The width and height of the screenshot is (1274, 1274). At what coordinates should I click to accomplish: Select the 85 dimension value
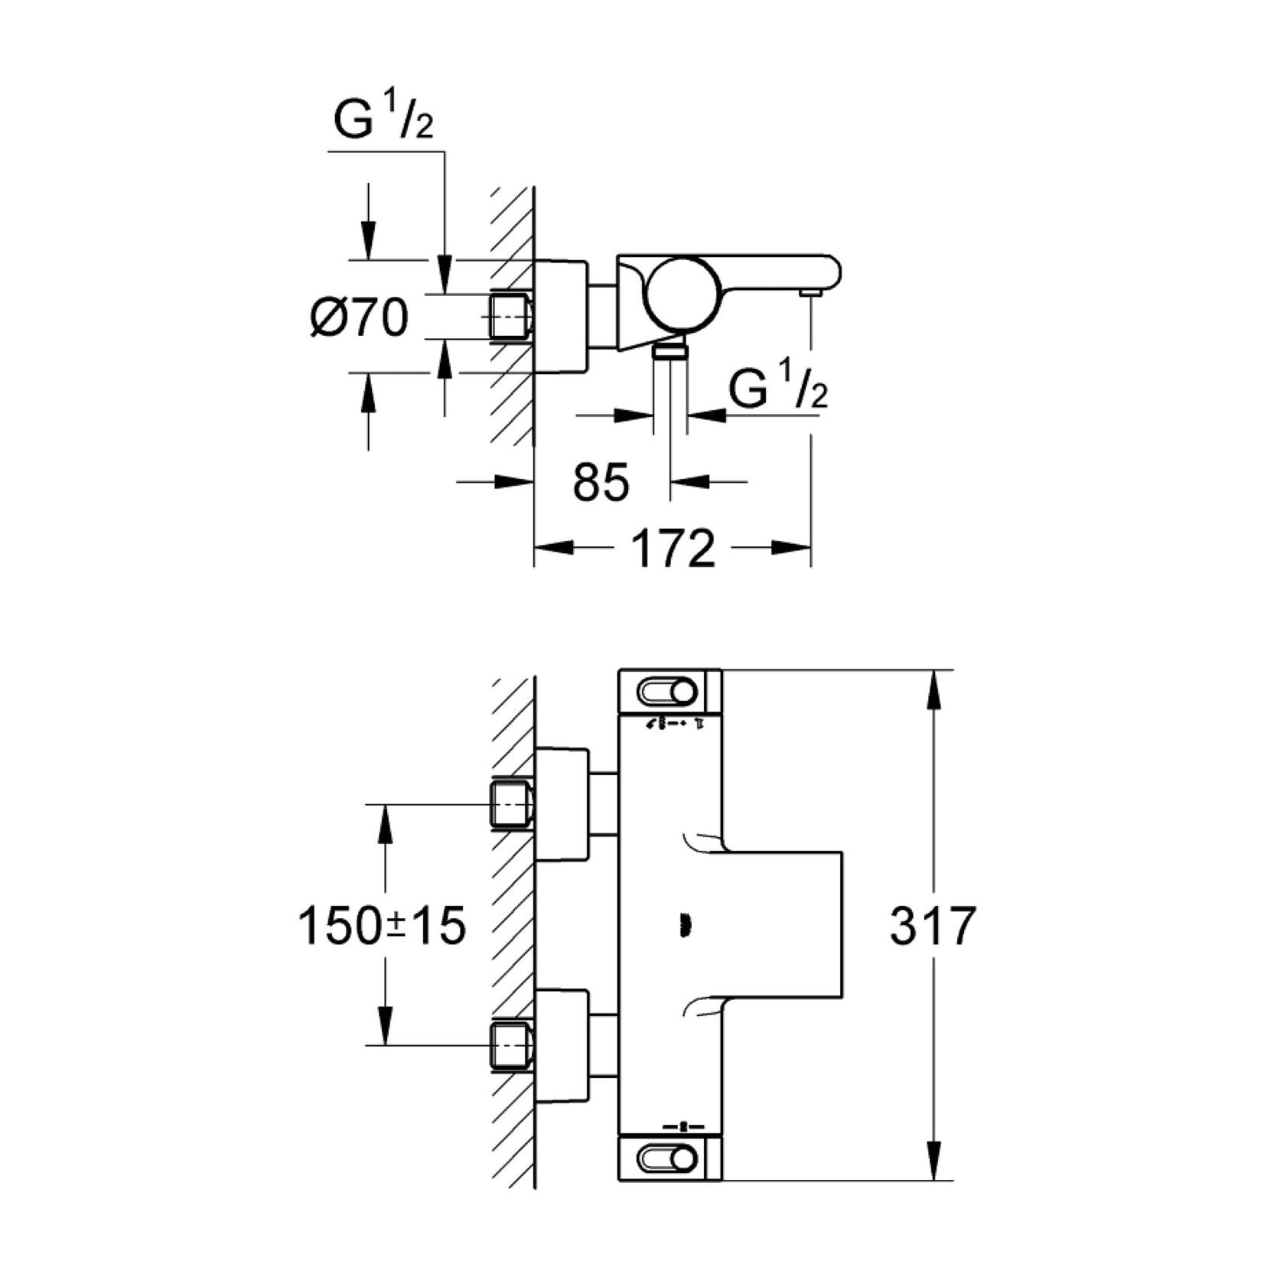tap(601, 482)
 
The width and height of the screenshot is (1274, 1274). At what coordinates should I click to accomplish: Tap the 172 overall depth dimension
tap(673, 548)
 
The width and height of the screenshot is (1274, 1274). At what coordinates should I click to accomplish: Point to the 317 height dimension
tap(933, 926)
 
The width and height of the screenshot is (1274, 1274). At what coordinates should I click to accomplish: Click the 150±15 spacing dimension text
tap(381, 926)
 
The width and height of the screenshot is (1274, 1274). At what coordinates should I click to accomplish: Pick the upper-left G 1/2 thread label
tap(383, 120)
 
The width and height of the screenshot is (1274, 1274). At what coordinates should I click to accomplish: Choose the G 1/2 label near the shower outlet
tap(777, 387)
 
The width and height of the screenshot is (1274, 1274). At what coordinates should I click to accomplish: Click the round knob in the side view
tap(680, 294)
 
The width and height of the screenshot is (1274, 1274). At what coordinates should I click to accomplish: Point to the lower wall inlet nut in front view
tap(510, 1045)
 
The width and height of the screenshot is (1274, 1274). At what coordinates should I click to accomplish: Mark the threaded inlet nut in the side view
tap(510, 316)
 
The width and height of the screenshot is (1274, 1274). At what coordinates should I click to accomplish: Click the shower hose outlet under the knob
tap(670, 351)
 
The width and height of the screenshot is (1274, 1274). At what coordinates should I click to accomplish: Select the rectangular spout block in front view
tap(784, 926)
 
